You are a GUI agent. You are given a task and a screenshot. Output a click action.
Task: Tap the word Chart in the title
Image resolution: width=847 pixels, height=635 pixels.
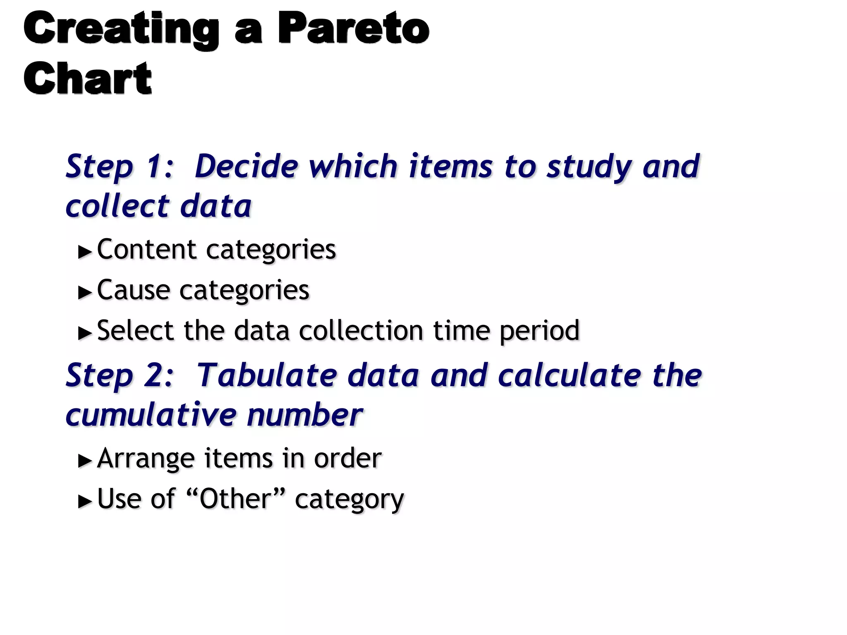click(x=88, y=79)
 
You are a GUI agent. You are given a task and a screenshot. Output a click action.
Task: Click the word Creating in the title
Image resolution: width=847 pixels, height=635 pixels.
click(x=121, y=29)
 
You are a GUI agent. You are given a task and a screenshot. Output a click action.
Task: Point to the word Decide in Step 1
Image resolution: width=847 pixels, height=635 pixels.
click(x=246, y=166)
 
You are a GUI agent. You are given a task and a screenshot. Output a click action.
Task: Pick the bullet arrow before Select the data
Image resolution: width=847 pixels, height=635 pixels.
click(x=85, y=333)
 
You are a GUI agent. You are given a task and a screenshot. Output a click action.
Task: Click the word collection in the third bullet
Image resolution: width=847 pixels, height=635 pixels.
click(x=361, y=331)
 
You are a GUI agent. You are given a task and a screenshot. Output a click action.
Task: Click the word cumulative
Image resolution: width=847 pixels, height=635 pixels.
click(x=151, y=415)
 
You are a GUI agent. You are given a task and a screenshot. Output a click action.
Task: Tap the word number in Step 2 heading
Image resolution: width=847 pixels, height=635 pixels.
click(x=305, y=415)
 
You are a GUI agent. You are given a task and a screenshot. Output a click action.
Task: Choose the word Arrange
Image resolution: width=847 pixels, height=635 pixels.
click(x=146, y=459)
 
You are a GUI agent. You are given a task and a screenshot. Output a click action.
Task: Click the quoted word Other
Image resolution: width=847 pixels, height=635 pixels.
click(x=235, y=499)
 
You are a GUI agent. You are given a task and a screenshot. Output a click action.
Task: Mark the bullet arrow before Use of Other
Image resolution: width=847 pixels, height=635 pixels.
click(x=85, y=501)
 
